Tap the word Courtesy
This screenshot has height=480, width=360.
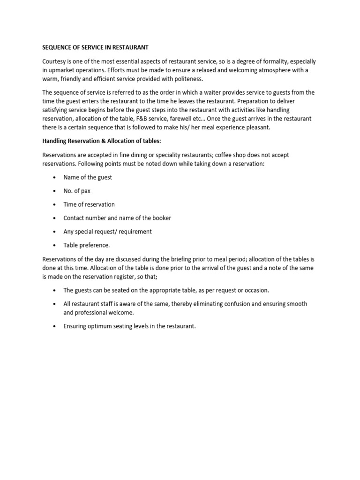(56, 61)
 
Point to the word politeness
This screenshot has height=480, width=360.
(187, 78)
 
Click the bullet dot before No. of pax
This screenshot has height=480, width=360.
(55, 191)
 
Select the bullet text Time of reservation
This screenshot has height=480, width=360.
(89, 204)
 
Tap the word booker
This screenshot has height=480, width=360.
(161, 218)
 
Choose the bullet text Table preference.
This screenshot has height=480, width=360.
(87, 245)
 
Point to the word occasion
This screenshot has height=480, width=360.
(255, 290)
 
